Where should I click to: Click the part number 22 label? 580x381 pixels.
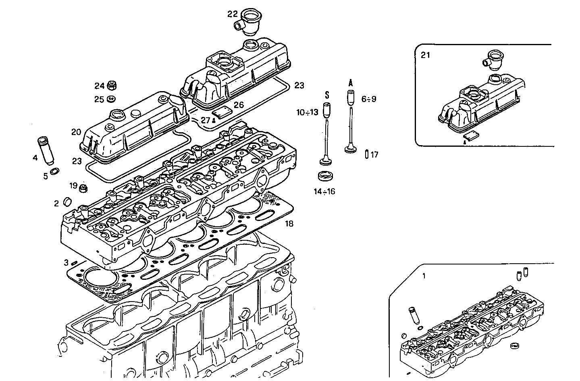pos(233,14)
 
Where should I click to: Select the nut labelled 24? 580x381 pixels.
pos(112,85)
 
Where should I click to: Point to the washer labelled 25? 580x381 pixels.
pos(112,99)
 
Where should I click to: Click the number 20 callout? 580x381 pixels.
pos(77,132)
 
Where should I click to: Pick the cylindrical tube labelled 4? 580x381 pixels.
pos(45,150)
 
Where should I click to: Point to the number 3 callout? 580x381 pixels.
pos(66,263)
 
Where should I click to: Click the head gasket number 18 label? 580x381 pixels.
pos(289,224)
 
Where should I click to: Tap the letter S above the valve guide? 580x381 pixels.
pos(327,95)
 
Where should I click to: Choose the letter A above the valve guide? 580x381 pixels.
pos(350,83)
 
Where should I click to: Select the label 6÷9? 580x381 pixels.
pos(369,99)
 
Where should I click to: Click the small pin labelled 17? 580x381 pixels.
pos(366,154)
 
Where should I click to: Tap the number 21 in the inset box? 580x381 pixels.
pos(425,55)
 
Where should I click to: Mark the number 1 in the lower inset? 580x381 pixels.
pos(424,276)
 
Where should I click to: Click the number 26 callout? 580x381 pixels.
pos(239,105)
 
